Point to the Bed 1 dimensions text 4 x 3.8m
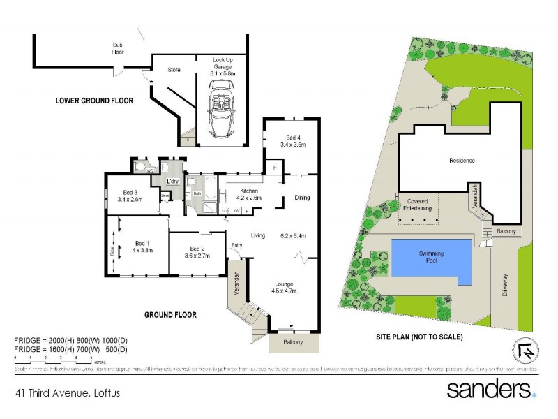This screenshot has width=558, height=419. (x=142, y=249)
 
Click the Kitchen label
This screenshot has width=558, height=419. (x=249, y=191)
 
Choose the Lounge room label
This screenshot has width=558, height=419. (x=284, y=284)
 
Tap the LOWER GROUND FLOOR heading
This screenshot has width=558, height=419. (x=94, y=101)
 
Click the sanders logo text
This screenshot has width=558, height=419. (x=488, y=388)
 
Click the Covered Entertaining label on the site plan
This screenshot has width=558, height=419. (x=418, y=205)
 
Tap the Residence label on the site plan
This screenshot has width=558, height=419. (x=462, y=161)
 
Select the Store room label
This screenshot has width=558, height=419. (x=174, y=70)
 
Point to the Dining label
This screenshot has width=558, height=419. (x=301, y=198)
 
